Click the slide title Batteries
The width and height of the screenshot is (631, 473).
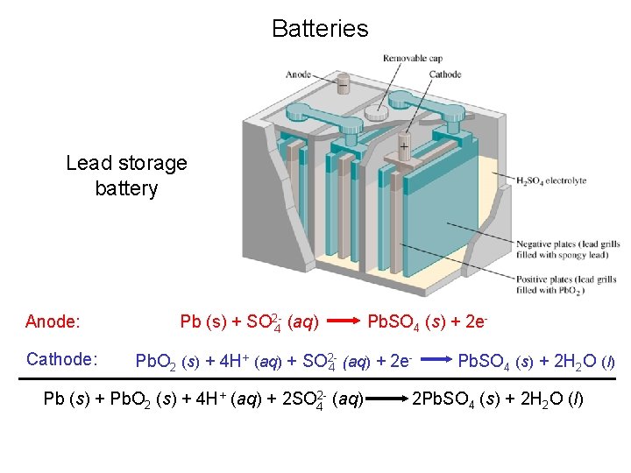point(320,29)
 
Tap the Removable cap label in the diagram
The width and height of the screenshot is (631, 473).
point(412,59)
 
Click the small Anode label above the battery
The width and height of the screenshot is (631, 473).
point(323,74)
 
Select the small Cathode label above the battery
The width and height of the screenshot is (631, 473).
point(445,74)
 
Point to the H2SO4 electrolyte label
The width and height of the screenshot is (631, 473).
point(552,180)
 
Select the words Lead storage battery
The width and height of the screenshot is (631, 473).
point(126,175)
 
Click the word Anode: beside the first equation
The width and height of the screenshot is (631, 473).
point(53,321)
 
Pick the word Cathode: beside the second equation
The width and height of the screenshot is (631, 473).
point(61,359)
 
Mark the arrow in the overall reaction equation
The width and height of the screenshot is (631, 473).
point(386,400)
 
